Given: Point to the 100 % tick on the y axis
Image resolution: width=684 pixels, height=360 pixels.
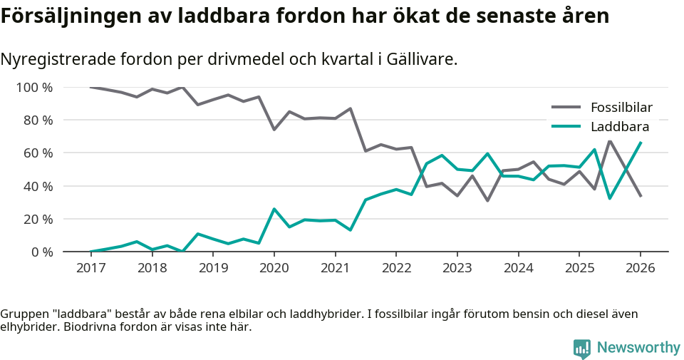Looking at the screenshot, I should pyautogui.click(x=34, y=88).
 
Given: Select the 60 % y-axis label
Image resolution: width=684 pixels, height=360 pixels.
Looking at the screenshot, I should pyautogui.click(x=38, y=153).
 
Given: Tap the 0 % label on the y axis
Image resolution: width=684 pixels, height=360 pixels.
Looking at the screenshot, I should pyautogui.click(x=41, y=252).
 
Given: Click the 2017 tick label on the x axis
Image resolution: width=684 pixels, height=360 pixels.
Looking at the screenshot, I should pyautogui.click(x=90, y=268).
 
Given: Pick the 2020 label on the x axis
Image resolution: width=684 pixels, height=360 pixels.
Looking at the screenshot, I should pyautogui.click(x=274, y=268).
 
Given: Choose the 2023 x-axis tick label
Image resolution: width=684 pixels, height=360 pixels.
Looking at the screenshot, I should pyautogui.click(x=457, y=268).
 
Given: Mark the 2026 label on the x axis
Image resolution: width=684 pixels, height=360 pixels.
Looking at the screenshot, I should pyautogui.click(x=640, y=268).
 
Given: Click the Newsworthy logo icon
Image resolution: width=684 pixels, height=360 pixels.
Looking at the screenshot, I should pyautogui.click(x=582, y=348).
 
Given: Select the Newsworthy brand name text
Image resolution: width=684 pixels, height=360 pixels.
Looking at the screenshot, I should pyautogui.click(x=638, y=348).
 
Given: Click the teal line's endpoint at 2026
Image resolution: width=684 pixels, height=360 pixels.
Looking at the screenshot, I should pyautogui.click(x=640, y=143).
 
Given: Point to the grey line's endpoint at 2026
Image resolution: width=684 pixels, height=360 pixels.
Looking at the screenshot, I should pyautogui.click(x=640, y=196).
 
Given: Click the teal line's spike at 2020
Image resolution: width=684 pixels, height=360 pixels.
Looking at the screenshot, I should pyautogui.click(x=274, y=209).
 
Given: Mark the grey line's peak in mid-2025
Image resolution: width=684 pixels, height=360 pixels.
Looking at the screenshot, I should pyautogui.click(x=609, y=141).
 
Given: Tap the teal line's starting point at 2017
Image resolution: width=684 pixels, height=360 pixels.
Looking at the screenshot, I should pyautogui.click(x=90, y=252).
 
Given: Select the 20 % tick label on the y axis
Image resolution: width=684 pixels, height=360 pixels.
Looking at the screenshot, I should pyautogui.click(x=38, y=219).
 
